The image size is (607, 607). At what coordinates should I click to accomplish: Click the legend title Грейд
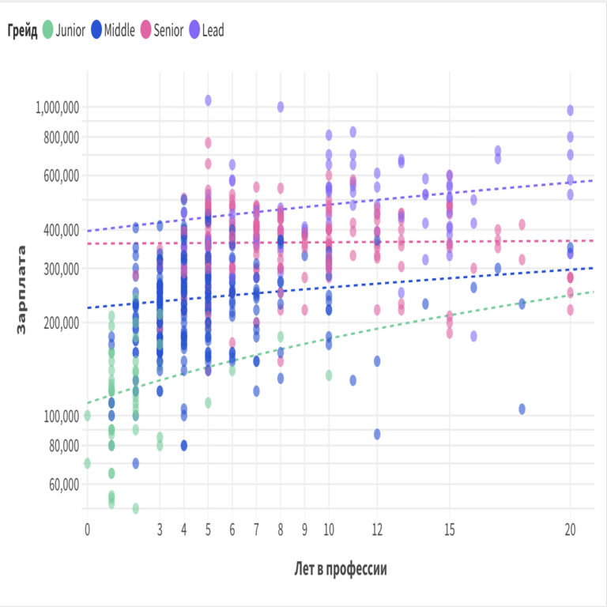[x=23, y=31]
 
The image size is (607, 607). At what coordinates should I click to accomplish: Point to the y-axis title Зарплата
[x=21, y=289]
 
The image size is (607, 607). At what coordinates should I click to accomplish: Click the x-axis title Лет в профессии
[x=340, y=568]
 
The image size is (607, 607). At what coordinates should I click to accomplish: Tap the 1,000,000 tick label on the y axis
[x=57, y=107]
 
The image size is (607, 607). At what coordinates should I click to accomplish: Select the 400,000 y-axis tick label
[x=60, y=230]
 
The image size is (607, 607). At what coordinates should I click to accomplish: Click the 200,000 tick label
[x=60, y=322]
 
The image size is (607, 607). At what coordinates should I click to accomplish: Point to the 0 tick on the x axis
[x=87, y=529]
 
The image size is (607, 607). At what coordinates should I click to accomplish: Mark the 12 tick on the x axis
[x=377, y=529]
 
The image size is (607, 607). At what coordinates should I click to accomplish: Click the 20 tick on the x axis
[x=570, y=529]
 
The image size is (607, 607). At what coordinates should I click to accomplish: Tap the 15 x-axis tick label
[x=450, y=529]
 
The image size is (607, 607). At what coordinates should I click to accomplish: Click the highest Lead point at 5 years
[x=208, y=100]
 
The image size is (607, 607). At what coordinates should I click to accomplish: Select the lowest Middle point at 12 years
[x=377, y=434]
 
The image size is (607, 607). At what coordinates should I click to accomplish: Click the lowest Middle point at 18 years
[x=522, y=409]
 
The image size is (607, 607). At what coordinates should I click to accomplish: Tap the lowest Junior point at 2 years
[x=135, y=508]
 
